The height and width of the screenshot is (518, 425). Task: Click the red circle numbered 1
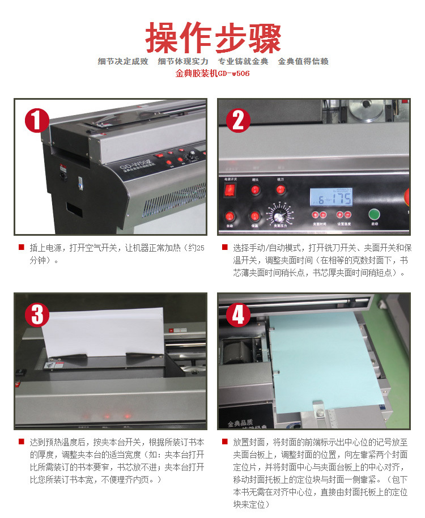click(x=37, y=121)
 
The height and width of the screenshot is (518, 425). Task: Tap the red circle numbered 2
click(x=239, y=121)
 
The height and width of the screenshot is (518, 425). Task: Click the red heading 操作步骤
click(x=212, y=37)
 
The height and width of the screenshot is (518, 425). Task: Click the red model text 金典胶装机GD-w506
click(x=212, y=73)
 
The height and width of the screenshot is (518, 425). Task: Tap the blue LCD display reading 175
click(x=331, y=196)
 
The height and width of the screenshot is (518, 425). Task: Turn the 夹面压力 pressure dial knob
click(x=278, y=216)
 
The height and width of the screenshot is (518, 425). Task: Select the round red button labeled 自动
click(x=229, y=216)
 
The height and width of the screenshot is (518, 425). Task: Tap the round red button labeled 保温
click(x=255, y=216)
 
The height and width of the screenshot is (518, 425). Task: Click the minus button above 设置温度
click(x=347, y=215)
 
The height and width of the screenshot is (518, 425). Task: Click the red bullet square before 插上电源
click(x=21, y=247)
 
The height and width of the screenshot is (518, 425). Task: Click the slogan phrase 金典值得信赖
click(x=303, y=61)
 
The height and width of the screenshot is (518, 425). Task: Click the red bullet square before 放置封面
click(x=224, y=441)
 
